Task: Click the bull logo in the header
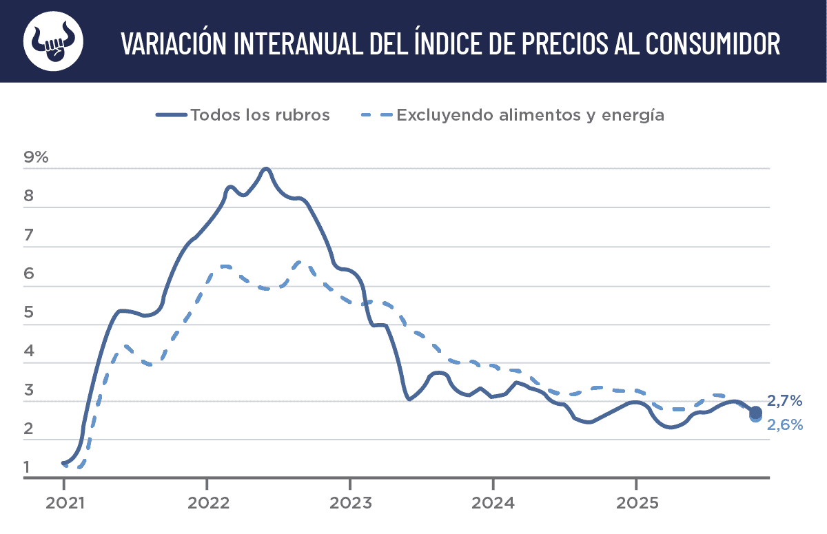tap(53, 41)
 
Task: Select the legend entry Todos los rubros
tap(260, 115)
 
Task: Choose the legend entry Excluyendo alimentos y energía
tap(530, 115)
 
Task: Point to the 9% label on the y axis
tap(36, 157)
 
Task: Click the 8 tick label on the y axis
tap(28, 196)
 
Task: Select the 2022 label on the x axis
tap(207, 503)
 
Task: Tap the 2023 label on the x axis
tap(349, 503)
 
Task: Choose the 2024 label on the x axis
tap(493, 503)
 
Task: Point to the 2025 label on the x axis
tap(635, 503)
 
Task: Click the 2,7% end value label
tap(785, 400)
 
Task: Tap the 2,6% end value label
tap(785, 425)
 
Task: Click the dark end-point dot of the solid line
tap(755, 412)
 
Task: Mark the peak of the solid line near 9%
tap(266, 169)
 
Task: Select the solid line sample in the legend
tap(172, 115)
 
